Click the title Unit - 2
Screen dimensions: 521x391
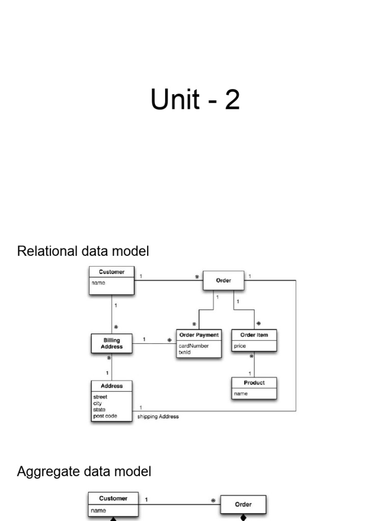(x=195, y=100)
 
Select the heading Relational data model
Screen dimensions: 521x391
(x=83, y=251)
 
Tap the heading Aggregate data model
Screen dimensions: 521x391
(x=84, y=472)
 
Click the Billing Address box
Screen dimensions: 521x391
(x=111, y=343)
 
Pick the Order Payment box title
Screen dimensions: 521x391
(x=199, y=335)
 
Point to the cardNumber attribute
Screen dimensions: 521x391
(x=193, y=346)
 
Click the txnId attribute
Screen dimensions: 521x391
(x=184, y=352)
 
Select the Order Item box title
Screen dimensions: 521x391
(x=254, y=335)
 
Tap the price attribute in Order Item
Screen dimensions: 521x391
(x=240, y=346)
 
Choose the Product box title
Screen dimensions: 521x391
(x=254, y=383)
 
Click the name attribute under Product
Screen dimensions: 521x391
(x=240, y=394)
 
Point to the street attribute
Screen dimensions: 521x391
(x=100, y=397)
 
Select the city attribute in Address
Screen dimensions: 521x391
(x=97, y=403)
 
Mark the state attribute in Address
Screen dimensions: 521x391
(x=99, y=410)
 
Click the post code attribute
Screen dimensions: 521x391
(x=105, y=416)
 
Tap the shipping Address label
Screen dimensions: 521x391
(x=158, y=417)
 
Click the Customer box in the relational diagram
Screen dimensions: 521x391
(x=111, y=280)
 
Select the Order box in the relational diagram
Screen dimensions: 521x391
(x=224, y=280)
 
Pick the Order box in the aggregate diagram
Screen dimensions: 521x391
(x=243, y=504)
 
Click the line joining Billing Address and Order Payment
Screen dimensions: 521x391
(x=153, y=343)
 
